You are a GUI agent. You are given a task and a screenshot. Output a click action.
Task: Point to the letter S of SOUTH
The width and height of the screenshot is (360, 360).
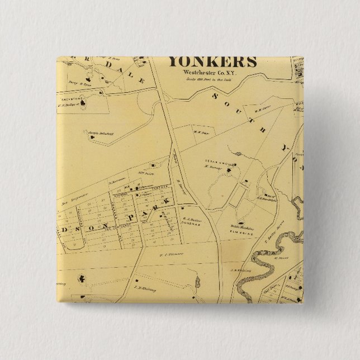click(215, 96)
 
